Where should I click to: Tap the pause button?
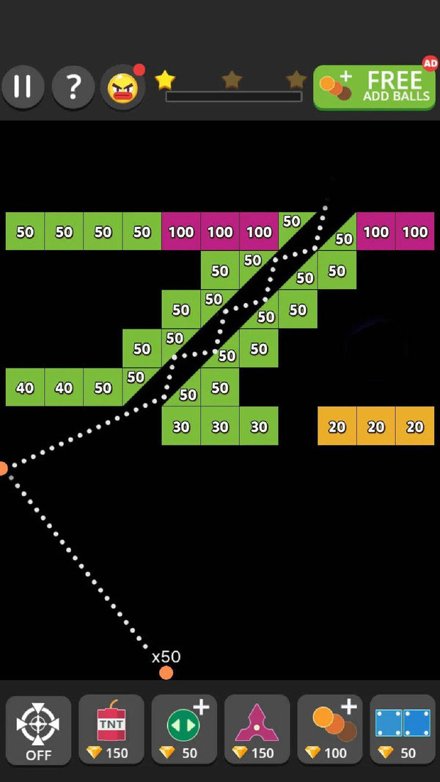(x=23, y=87)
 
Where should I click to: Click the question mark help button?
(x=73, y=87)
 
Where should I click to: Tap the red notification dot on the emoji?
(x=139, y=70)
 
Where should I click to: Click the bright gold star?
(x=165, y=78)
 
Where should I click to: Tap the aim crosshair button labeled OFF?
(x=38, y=730)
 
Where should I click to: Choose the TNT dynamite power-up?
(x=111, y=730)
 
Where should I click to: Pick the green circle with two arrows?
(x=184, y=730)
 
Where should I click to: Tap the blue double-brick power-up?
(x=403, y=730)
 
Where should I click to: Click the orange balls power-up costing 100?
(x=330, y=730)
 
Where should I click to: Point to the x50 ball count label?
(x=166, y=657)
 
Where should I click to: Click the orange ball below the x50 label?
(x=166, y=673)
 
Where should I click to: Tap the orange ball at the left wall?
(x=3, y=468)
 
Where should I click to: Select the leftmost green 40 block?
(x=25, y=387)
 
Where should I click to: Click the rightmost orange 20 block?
(x=415, y=426)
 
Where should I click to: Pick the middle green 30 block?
(x=220, y=426)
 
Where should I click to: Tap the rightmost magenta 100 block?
(x=415, y=232)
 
